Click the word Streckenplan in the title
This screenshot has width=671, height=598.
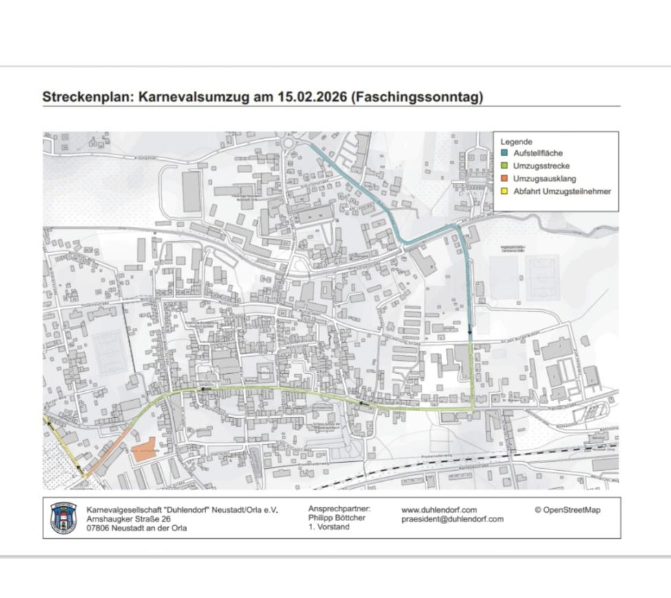coord(87,97)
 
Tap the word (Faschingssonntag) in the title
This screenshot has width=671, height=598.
coord(417,97)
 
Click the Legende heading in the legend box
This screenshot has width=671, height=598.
coord(516,142)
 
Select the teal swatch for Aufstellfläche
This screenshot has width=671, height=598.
coord(505,153)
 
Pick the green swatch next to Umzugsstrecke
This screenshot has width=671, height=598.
coord(505,166)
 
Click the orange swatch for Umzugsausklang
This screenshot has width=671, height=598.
coord(505,179)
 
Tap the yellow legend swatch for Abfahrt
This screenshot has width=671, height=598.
coord(505,192)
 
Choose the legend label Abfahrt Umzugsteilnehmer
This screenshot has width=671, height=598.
coord(562,192)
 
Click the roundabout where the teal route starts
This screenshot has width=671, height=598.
coord(289,142)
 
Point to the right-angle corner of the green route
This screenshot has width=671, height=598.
coord(472,408)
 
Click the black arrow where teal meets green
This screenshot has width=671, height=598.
coord(470,331)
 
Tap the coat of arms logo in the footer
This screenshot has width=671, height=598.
coord(64,518)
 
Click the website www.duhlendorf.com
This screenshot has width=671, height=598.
coord(439,510)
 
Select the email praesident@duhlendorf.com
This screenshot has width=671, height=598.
coord(452,520)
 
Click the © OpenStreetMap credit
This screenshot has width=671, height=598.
coord(567,510)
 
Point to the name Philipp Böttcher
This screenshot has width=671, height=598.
coord(337,518)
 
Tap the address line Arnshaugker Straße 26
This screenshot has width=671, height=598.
coord(129,519)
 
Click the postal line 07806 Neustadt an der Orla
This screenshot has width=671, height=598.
coord(137,529)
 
